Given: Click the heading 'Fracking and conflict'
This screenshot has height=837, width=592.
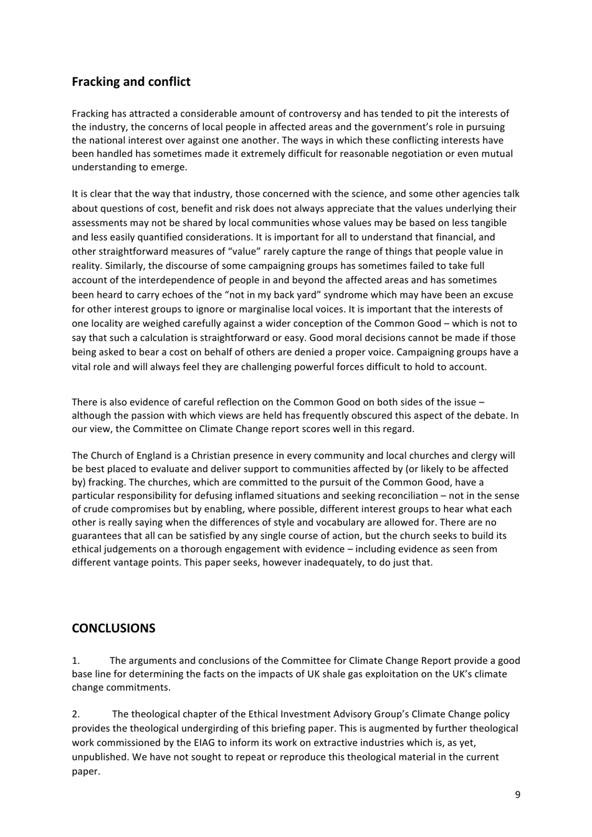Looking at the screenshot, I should [x=131, y=82].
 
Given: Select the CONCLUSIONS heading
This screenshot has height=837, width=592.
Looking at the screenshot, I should [x=113, y=628].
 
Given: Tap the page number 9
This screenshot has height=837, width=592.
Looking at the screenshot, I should [x=517, y=794].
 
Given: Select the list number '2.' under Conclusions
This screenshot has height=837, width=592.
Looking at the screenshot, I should [x=76, y=714].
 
